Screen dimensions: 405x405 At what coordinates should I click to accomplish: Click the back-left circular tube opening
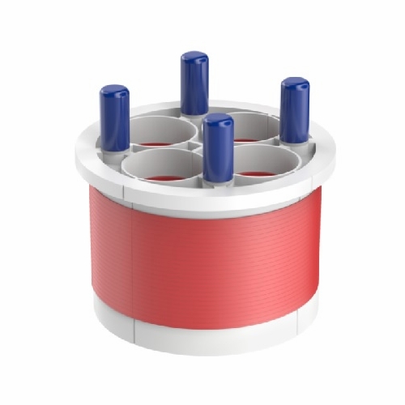click(x=162, y=131)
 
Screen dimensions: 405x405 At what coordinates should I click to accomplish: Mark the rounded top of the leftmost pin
click(x=114, y=92)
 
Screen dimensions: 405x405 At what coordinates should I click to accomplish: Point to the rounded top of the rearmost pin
click(x=194, y=58)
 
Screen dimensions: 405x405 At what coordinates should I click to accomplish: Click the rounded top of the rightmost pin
click(x=295, y=83)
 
